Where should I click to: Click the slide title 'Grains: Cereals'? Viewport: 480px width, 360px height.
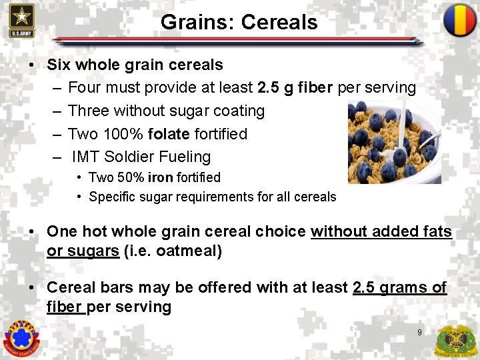point(239,22)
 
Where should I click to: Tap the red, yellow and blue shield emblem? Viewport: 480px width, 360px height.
point(459,20)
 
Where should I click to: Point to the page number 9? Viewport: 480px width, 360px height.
point(419,332)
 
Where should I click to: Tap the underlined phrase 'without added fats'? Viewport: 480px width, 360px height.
point(381,231)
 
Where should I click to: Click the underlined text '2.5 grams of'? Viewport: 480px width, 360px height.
point(399,287)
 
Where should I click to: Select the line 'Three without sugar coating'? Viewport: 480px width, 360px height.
point(166,111)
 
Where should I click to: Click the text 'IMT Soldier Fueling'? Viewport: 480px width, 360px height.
point(141,157)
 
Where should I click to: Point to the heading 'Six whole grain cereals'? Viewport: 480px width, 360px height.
point(135,65)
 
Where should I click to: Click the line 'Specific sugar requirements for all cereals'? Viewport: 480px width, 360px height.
point(212,197)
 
